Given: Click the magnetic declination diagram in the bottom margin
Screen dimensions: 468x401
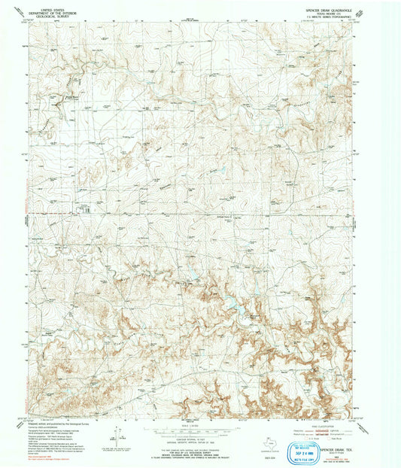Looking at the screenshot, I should [x=118, y=434].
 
